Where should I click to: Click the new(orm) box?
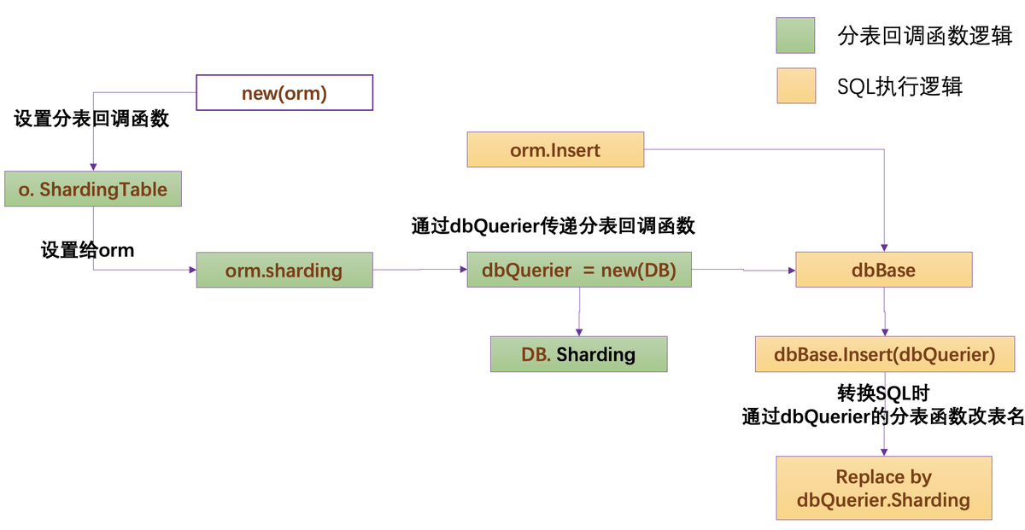coord(284,92)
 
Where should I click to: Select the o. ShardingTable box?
coord(93,189)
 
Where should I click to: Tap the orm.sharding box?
coord(284,270)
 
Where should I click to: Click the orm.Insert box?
coord(555,149)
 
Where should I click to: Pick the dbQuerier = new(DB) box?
coord(579,270)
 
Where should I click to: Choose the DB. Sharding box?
coord(578,354)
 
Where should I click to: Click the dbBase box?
coord(883,270)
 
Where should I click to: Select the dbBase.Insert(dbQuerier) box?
coord(885,354)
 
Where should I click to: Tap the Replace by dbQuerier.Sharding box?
coord(883,487)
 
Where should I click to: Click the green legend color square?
coord(795,35)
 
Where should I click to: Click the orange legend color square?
coord(796,85)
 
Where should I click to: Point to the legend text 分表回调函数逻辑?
coord(924,36)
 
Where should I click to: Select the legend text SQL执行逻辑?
coord(899,86)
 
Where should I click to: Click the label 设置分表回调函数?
coord(91,119)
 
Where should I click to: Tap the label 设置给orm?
coord(87,250)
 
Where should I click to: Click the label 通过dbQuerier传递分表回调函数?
coord(553,226)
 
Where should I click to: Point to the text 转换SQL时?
coord(883,393)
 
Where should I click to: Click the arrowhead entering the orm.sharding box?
coord(193,270)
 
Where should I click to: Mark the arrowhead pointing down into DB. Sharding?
coord(579,333)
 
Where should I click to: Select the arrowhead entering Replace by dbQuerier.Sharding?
coord(884,452)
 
